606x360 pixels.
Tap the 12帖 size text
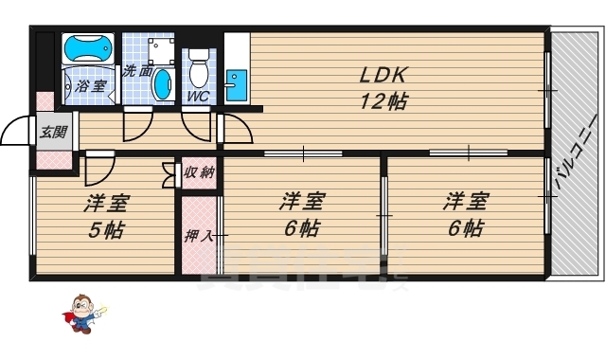tap(383, 101)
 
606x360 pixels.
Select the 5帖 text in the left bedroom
tap(106, 230)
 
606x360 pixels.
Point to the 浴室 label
tap(92, 85)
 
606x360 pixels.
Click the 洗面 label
tap(137, 71)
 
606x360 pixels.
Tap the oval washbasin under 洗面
tap(165, 83)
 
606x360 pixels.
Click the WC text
tap(197, 97)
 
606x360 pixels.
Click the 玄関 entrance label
tap(53, 132)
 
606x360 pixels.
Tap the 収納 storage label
tap(199, 171)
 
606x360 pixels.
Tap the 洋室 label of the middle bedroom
tap(301, 201)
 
